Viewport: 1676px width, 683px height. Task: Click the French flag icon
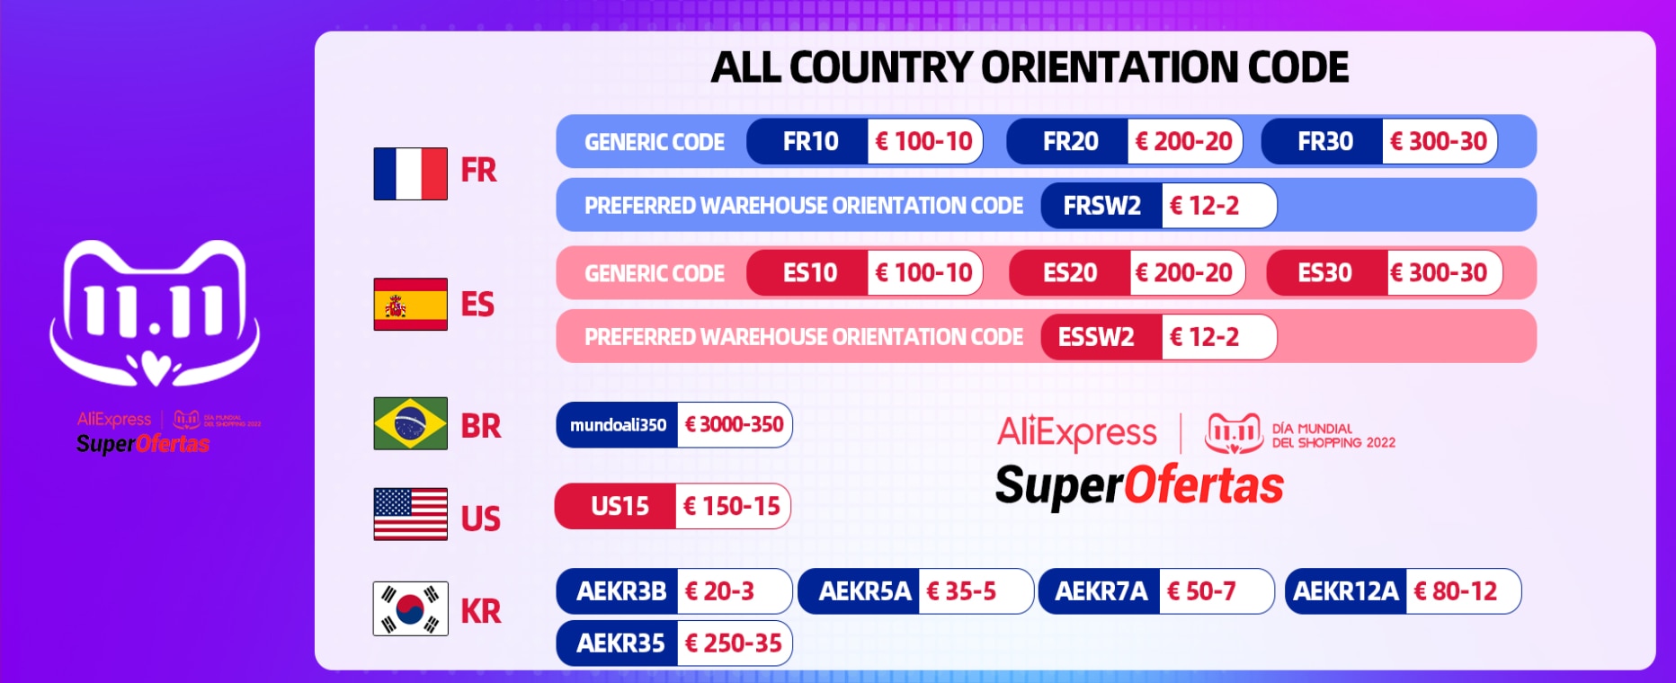click(410, 173)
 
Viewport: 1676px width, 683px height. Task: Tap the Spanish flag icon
click(410, 304)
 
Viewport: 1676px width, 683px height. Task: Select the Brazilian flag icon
click(410, 423)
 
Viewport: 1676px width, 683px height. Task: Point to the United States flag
click(410, 514)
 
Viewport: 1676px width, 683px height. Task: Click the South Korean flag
click(410, 608)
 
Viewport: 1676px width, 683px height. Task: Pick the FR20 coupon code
click(1070, 141)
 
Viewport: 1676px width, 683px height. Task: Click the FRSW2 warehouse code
click(1101, 206)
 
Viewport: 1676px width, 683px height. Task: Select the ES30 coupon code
click(1324, 272)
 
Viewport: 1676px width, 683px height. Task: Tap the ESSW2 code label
click(1096, 337)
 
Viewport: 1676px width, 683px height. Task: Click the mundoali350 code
click(618, 425)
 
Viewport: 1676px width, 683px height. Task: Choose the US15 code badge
click(620, 506)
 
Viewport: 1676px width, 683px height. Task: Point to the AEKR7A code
click(1101, 591)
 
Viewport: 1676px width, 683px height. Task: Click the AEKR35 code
click(620, 643)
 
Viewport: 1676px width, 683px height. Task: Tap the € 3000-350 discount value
click(734, 425)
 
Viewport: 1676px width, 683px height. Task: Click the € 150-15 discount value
click(732, 506)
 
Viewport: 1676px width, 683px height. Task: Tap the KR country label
click(481, 611)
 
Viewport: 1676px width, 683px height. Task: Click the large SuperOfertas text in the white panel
click(1139, 486)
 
